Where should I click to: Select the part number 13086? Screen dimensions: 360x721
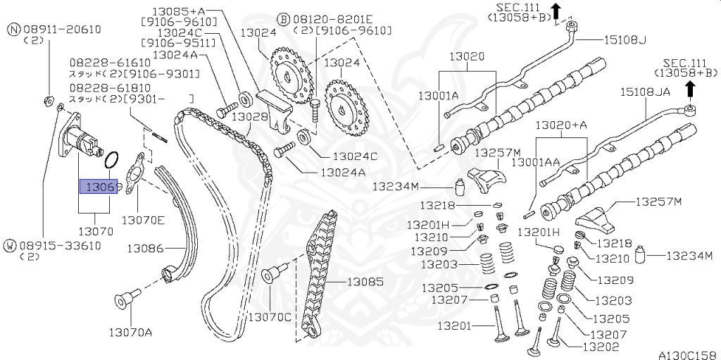coord(145,248)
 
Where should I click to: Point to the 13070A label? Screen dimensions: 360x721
coord(130,331)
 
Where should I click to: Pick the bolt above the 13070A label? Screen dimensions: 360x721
coord(124,301)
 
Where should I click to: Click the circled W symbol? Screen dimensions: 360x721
coord(10,245)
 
